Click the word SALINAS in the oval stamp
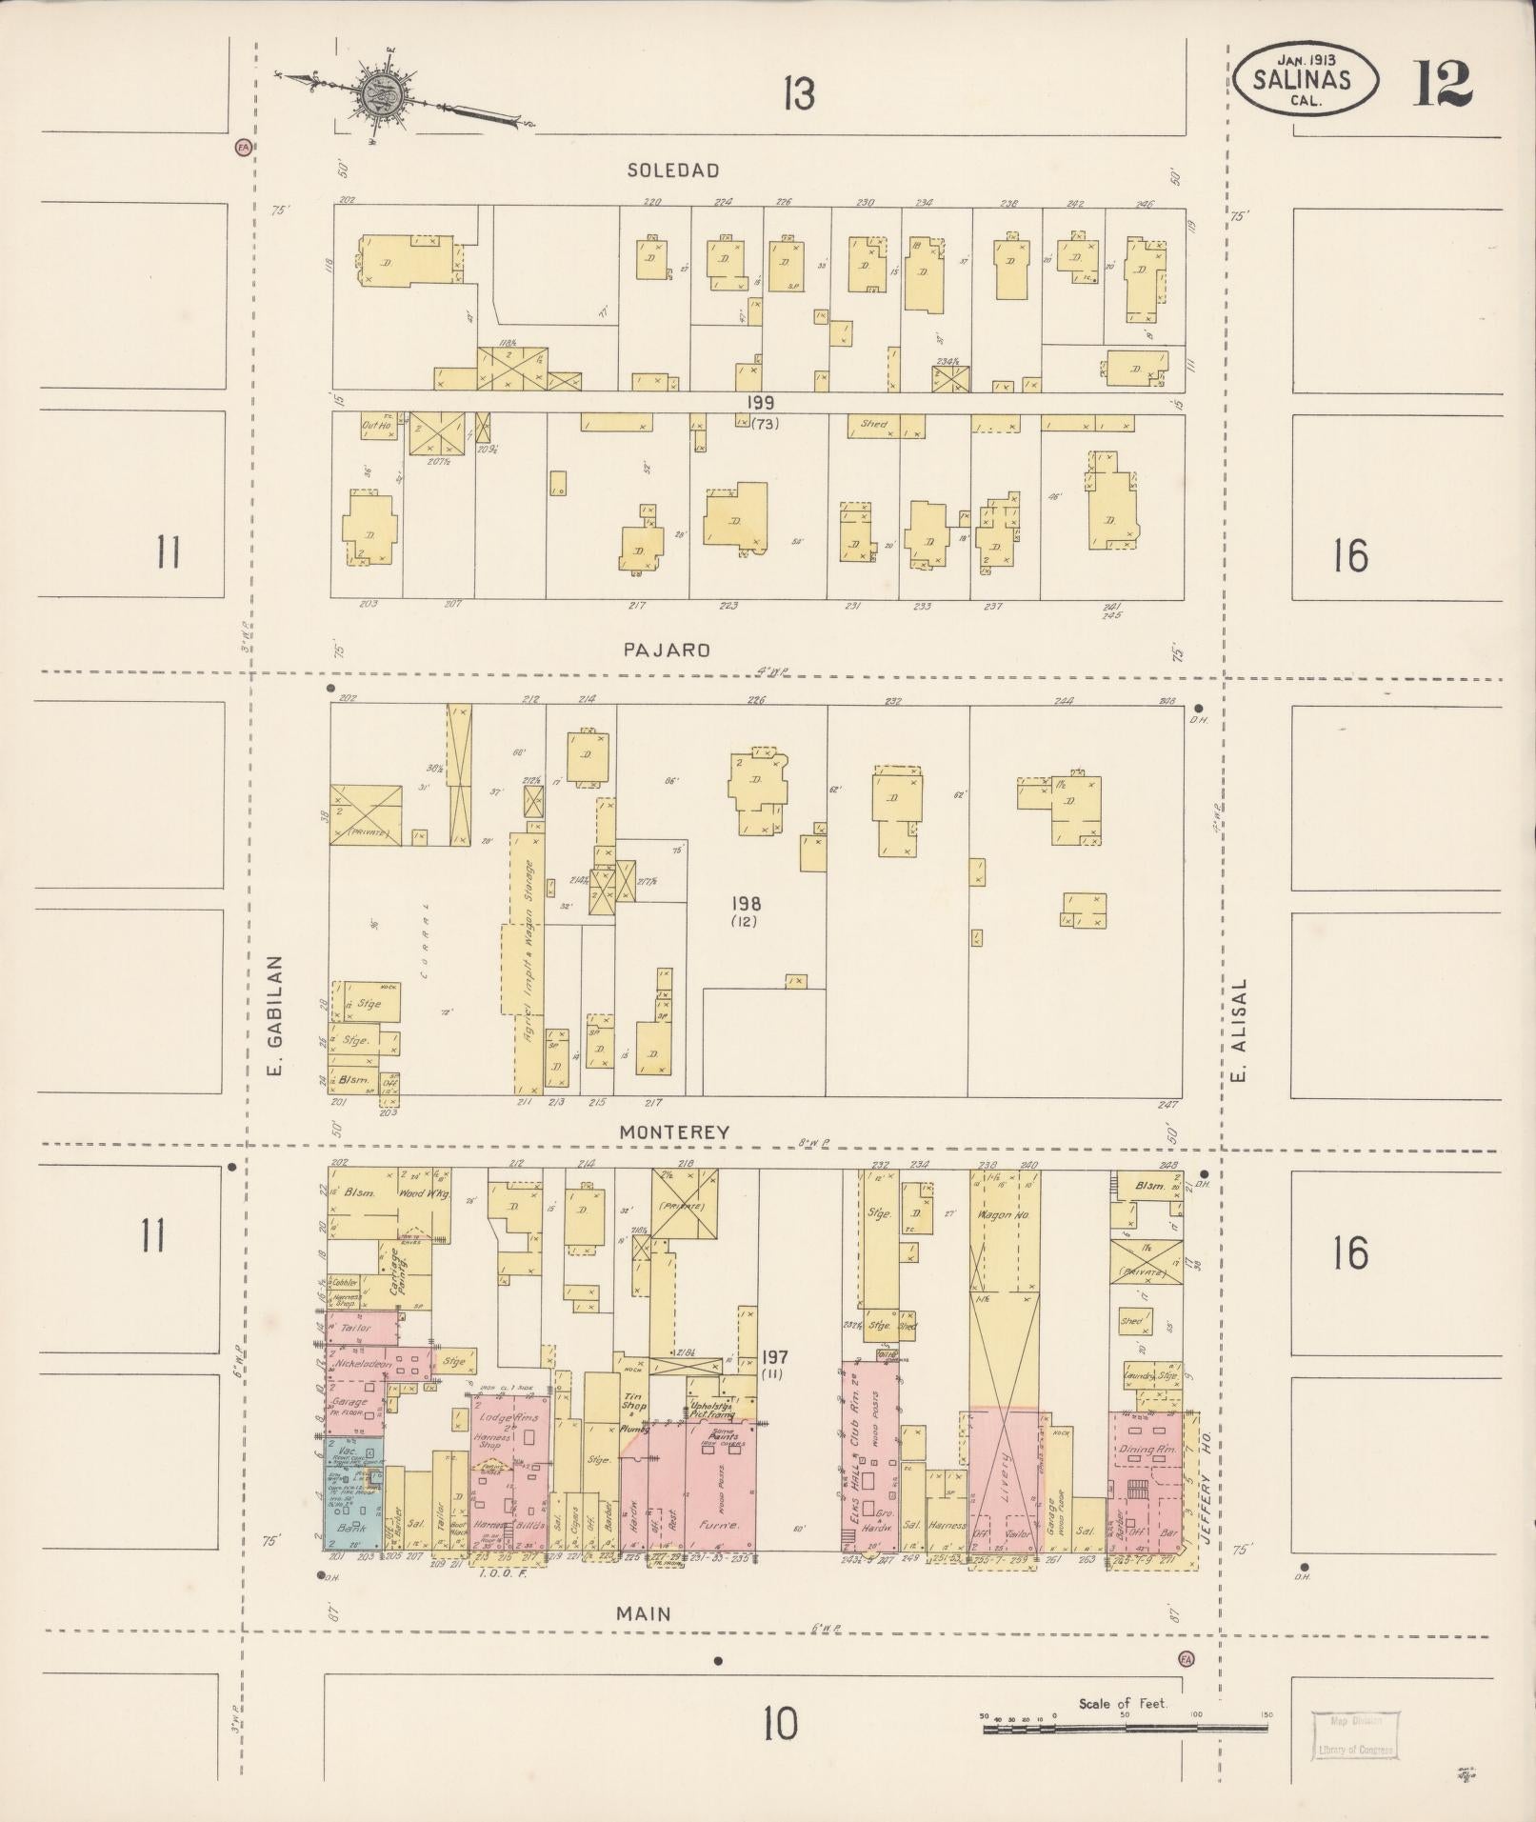click(1302, 81)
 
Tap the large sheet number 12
click(1443, 84)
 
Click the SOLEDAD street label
click(672, 170)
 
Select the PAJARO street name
click(667, 651)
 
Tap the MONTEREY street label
click(674, 1132)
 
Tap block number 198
click(746, 902)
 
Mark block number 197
click(774, 1356)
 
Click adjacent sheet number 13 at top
click(798, 94)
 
